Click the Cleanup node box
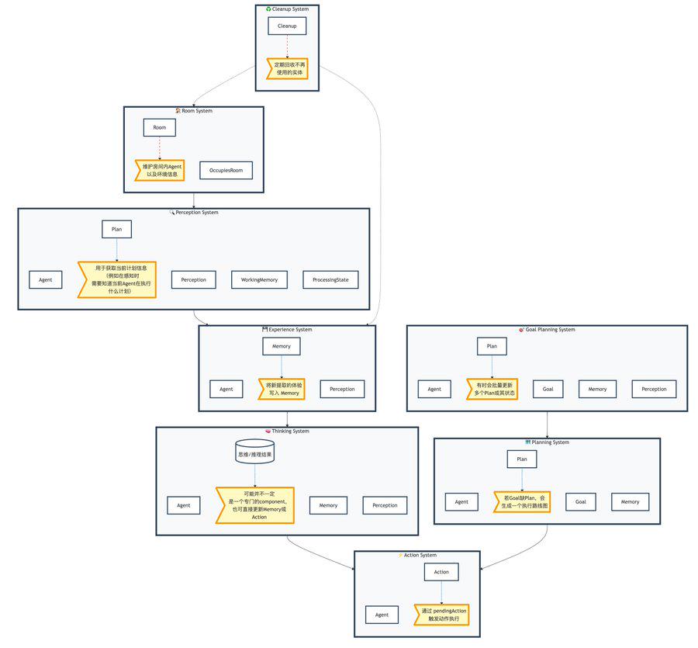pyautogui.click(x=287, y=26)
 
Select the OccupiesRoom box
pyautogui.click(x=226, y=170)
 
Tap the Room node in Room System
pyautogui.click(x=159, y=127)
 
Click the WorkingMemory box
pyautogui.click(x=259, y=279)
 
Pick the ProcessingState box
pyautogui.click(x=330, y=279)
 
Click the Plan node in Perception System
pyautogui.click(x=116, y=229)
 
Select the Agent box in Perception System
pyautogui.click(x=46, y=279)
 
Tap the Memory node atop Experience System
pyautogui.click(x=282, y=346)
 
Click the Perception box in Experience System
pyautogui.click(x=342, y=389)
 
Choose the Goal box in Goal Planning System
pyautogui.click(x=548, y=389)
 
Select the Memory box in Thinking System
pyautogui.click(x=328, y=505)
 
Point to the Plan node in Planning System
pyautogui.click(x=522, y=459)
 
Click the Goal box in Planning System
pyautogui.click(x=581, y=501)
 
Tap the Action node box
pyautogui.click(x=441, y=572)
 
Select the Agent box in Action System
pyautogui.click(x=382, y=615)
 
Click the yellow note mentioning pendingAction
pyautogui.click(x=444, y=615)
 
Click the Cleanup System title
pyautogui.click(x=288, y=9)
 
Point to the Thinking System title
pyautogui.click(x=288, y=431)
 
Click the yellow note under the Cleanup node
pyautogui.click(x=288, y=68)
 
